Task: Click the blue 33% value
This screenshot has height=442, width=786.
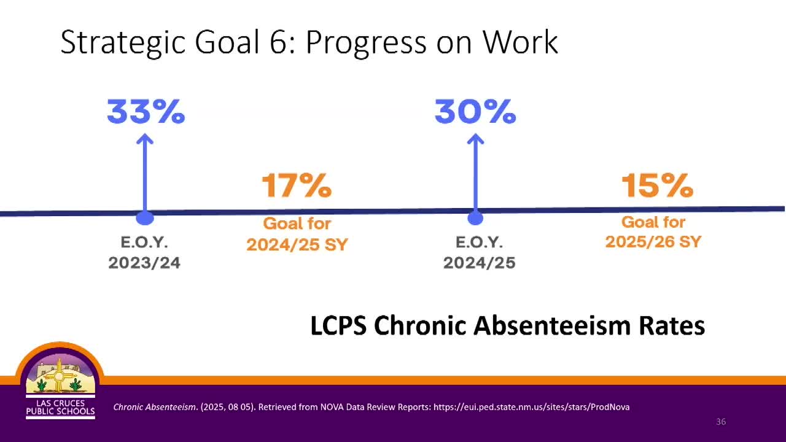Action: [146, 111]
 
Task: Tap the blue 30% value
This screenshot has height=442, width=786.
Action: [475, 111]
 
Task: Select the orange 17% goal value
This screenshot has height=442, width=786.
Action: [297, 185]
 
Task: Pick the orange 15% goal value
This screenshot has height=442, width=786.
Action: [657, 185]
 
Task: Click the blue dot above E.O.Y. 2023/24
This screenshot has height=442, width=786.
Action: [145, 218]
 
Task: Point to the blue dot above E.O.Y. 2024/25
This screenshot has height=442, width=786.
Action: [475, 218]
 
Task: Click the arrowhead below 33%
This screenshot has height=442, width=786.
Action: [145, 139]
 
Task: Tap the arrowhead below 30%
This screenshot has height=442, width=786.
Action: [475, 139]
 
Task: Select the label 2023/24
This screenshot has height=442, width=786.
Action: [144, 263]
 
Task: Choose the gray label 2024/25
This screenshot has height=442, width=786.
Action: [480, 263]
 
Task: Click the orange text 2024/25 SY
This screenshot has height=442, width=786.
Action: [297, 244]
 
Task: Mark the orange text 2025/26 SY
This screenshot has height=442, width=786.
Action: [653, 242]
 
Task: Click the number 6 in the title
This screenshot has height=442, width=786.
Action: [279, 42]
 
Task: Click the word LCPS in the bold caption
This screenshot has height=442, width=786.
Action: [338, 325]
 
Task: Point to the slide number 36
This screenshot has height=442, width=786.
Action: [721, 422]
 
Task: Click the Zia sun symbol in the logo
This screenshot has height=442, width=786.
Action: [59, 376]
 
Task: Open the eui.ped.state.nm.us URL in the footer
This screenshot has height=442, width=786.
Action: [532, 407]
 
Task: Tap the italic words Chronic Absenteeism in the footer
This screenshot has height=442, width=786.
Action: [154, 407]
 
